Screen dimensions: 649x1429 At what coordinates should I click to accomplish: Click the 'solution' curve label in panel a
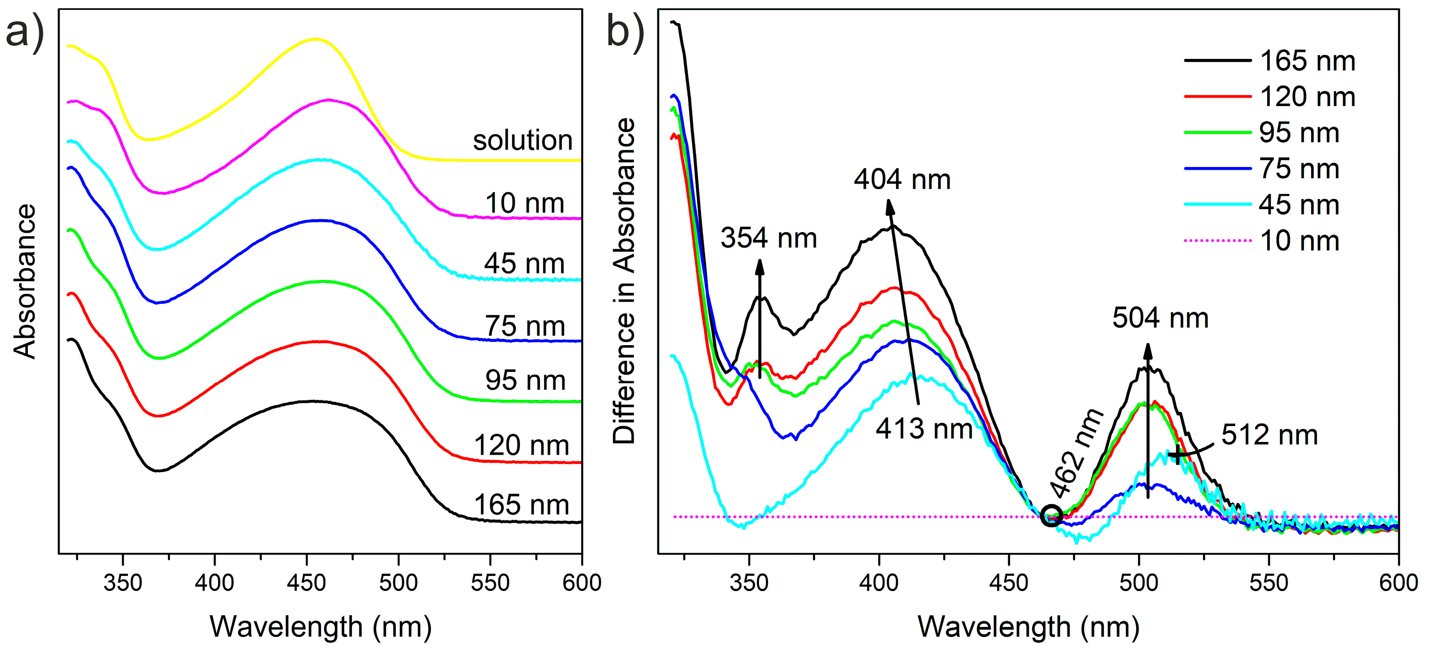click(522, 141)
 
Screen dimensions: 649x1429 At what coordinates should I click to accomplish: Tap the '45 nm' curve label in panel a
click(524, 263)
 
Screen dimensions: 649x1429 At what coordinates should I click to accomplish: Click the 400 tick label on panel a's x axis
click(215, 583)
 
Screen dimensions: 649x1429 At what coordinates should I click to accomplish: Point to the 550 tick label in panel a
click(490, 583)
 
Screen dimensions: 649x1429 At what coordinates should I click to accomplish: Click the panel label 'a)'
click(25, 32)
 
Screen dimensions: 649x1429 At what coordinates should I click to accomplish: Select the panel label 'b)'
click(625, 32)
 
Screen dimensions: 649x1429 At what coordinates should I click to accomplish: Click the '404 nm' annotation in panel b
click(902, 180)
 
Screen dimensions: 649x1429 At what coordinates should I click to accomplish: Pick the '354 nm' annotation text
click(768, 238)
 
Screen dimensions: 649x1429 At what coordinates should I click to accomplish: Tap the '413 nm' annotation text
click(924, 429)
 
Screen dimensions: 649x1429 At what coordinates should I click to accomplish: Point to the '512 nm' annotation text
click(1269, 435)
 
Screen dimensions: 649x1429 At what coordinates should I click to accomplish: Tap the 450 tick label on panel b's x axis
click(1009, 583)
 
